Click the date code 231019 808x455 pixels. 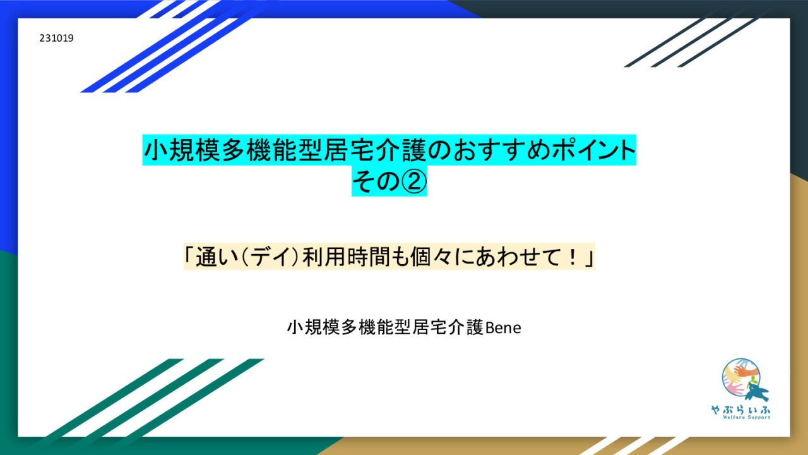tap(56, 38)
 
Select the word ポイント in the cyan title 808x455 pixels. tap(593, 150)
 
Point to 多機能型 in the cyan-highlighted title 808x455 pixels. tap(272, 150)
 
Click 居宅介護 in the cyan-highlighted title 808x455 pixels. tap(375, 150)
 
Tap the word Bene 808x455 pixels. tap(503, 328)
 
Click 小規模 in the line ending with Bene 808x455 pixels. tap(314, 327)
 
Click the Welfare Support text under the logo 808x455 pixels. tap(746, 418)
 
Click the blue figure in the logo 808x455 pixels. tap(756, 392)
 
